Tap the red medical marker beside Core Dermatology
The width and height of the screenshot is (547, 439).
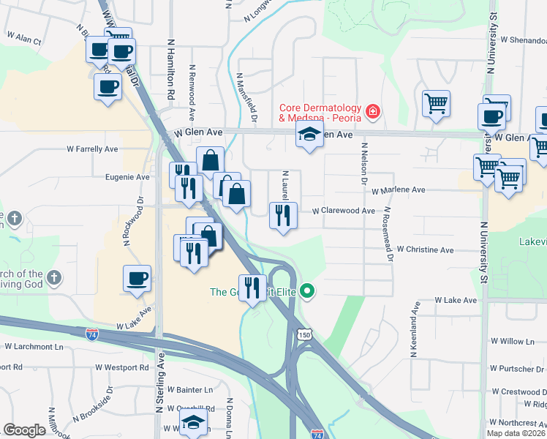click(373, 111)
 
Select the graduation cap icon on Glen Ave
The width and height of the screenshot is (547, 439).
click(309, 134)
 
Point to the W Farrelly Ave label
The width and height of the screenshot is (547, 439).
click(92, 149)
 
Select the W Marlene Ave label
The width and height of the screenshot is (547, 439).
click(398, 190)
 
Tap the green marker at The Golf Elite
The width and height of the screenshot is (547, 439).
click(307, 291)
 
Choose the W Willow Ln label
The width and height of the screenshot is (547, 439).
click(513, 341)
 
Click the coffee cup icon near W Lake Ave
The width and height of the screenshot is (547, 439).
click(137, 278)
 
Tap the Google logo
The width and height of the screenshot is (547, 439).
click(24, 430)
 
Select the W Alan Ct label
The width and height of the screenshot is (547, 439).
click(23, 37)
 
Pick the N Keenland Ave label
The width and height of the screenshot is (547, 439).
click(414, 329)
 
